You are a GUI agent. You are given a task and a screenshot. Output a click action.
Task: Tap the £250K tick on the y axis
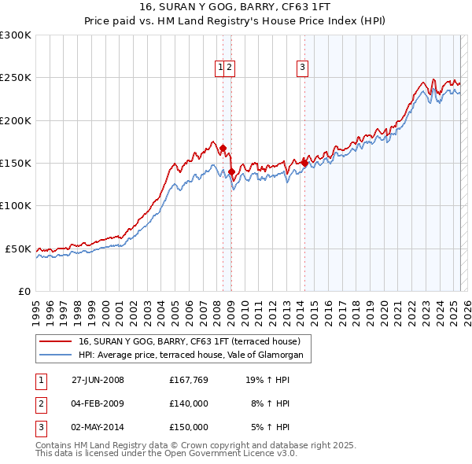point(16,78)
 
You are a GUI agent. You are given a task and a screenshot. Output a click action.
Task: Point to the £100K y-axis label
point(16,205)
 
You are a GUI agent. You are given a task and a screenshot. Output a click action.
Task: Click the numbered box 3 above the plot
point(302,68)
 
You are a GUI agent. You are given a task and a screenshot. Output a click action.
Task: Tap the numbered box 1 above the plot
point(220,68)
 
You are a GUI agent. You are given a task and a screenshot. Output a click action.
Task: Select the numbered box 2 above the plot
point(229,68)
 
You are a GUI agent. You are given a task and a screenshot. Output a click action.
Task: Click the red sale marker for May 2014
point(304,163)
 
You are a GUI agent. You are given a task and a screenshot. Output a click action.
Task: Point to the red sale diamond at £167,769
point(223,148)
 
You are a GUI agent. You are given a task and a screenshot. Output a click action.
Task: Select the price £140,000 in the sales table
point(188,403)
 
